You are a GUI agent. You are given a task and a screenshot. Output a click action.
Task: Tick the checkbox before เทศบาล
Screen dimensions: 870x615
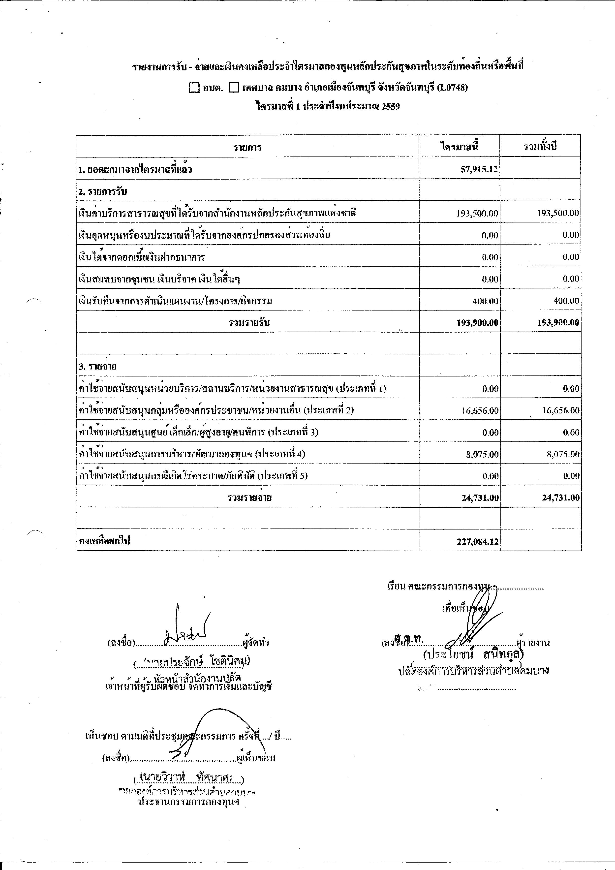tap(234, 88)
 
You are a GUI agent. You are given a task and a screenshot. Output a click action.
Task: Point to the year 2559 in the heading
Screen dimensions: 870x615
tap(391, 106)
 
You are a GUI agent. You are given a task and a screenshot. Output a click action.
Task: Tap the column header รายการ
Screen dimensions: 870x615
tap(247, 147)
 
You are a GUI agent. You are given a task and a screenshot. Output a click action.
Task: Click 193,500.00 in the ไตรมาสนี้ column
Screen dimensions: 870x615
tap(477, 213)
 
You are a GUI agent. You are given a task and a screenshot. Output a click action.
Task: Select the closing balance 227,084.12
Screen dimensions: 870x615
tap(477, 541)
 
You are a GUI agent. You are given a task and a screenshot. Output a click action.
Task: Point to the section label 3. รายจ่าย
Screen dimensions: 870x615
tap(97, 366)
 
